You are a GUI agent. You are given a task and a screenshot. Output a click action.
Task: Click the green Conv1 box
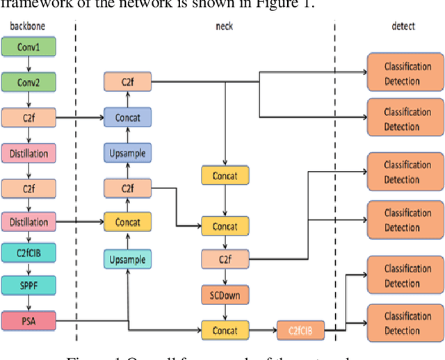[29, 47]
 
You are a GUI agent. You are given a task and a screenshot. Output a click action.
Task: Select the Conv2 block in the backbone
[29, 82]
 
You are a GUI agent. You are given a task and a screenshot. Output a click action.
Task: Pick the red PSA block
[29, 322]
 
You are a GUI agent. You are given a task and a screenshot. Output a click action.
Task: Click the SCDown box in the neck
[224, 294]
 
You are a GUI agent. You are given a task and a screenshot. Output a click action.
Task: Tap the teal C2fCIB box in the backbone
[29, 252]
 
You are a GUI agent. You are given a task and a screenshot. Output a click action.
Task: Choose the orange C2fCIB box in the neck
[300, 329]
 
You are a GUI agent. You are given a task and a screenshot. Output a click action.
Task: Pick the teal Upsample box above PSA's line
[127, 259]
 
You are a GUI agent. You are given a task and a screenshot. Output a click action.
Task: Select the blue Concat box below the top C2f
[127, 117]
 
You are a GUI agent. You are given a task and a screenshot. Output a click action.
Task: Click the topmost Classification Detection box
[403, 73]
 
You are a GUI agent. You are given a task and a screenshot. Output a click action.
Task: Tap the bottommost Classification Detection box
[403, 323]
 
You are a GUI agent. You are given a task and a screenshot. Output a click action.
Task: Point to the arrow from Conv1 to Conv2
[29, 65]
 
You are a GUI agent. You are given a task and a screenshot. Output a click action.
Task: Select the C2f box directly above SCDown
[224, 260]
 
